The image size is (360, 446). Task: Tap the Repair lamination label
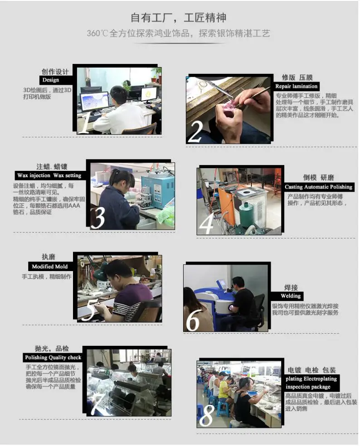click(x=296, y=86)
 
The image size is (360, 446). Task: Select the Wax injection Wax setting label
click(x=50, y=175)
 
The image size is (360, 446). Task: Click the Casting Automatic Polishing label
click(x=319, y=187)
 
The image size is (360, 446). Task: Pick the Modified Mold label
click(x=50, y=267)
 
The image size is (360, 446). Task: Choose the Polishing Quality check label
click(x=53, y=358)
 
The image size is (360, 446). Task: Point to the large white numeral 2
click(x=196, y=132)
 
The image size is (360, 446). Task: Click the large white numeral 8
click(x=207, y=416)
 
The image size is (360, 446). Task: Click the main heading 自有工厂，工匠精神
click(x=179, y=18)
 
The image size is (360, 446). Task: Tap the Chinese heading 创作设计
click(x=55, y=72)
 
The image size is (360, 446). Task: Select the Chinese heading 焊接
click(x=291, y=287)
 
